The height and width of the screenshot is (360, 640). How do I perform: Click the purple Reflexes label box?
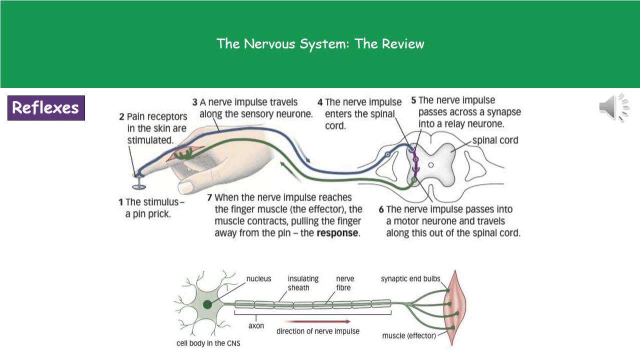[x=46, y=108]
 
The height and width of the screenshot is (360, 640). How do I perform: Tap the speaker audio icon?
[x=613, y=107]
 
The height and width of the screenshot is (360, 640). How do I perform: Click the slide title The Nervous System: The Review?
[x=320, y=44]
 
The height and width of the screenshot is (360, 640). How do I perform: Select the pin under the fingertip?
[x=139, y=184]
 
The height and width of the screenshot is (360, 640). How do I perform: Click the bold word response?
[x=337, y=233]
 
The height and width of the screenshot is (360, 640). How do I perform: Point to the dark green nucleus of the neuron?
[x=207, y=304]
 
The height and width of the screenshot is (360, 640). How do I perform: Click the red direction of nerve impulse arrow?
[x=320, y=321]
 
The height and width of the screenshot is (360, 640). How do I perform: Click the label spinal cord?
[x=495, y=140]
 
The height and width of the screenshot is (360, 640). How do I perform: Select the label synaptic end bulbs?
[x=410, y=278]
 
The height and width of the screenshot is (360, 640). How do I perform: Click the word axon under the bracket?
[x=256, y=325]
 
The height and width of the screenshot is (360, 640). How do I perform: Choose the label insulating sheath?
[x=303, y=283]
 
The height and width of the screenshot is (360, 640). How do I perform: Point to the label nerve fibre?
[x=345, y=283]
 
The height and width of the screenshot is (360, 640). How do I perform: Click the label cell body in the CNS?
[x=208, y=343]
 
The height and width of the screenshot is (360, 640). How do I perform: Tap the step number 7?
[x=209, y=197]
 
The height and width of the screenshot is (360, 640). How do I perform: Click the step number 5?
[x=413, y=100]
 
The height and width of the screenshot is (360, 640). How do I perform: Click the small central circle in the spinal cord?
[x=431, y=164]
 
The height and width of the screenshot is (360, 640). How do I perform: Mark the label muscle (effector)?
[x=409, y=335]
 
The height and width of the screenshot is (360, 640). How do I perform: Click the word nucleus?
[x=258, y=278]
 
